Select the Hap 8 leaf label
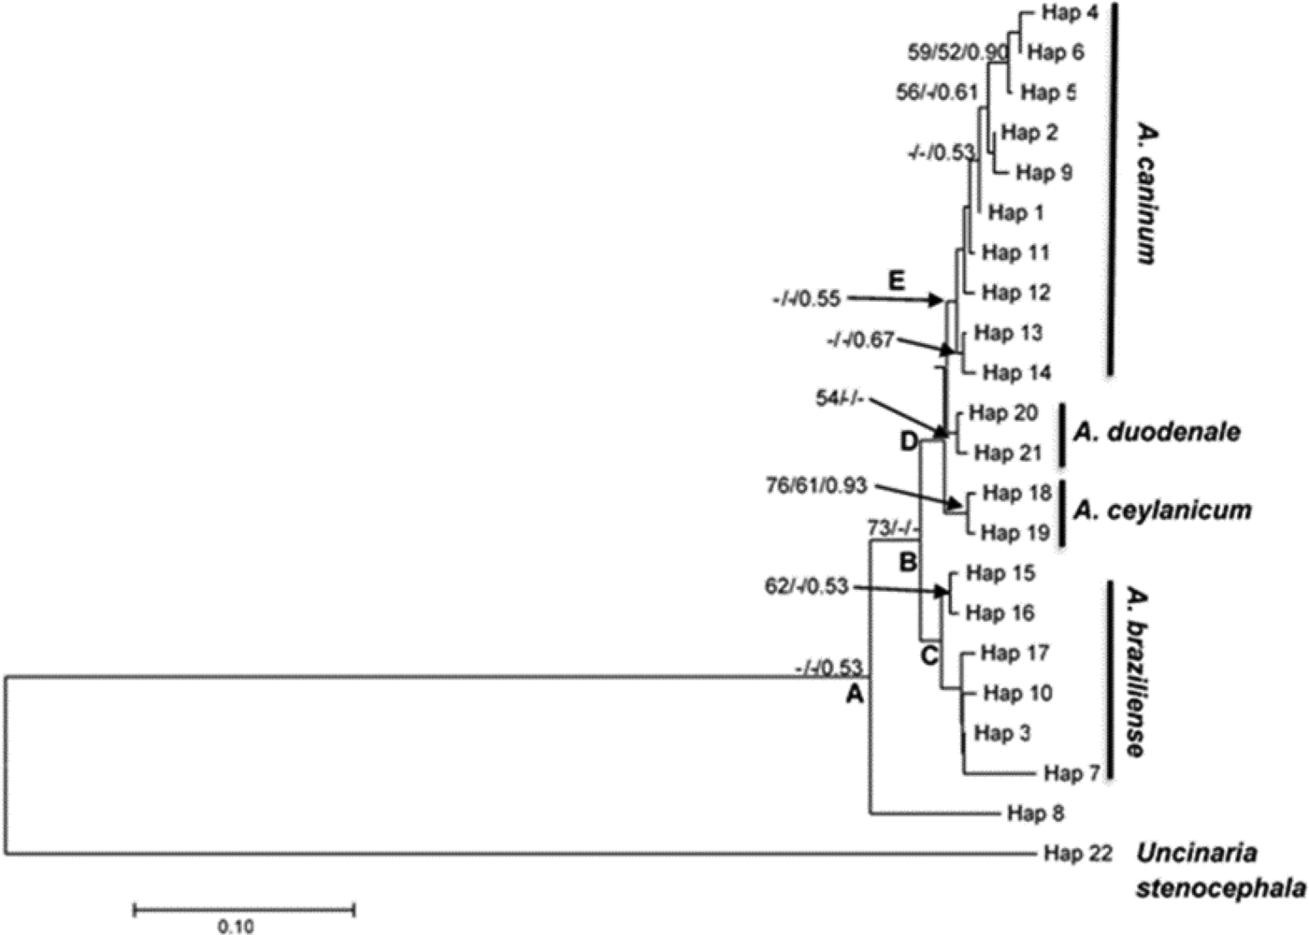[x=1036, y=813]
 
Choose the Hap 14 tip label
[x=1016, y=373]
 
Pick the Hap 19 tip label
[x=1014, y=533]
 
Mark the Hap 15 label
[x=1000, y=572]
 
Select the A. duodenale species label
[x=1158, y=432]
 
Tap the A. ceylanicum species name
[x=1162, y=511]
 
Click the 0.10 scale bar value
[x=235, y=927]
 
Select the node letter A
[x=853, y=695]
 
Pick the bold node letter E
[x=897, y=280]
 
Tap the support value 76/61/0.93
[x=815, y=485]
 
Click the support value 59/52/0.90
[x=957, y=52]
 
